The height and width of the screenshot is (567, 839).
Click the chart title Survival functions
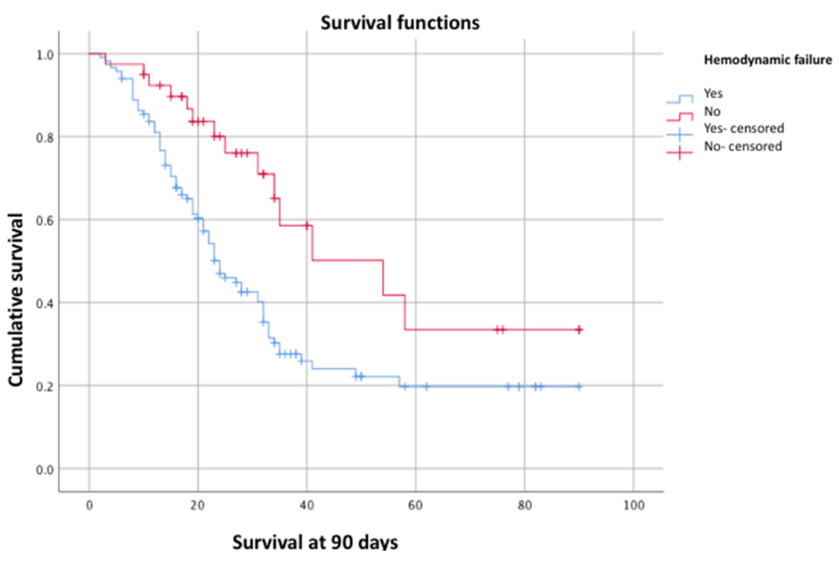pos(400,23)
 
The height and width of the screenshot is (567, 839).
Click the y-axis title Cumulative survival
pos(16,300)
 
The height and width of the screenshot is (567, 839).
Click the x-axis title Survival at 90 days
pos(315,542)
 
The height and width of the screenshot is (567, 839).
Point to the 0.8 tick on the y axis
pos(45,137)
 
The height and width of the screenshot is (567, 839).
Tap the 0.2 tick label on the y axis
pos(45,386)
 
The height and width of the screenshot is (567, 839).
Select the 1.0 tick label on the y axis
pos(45,55)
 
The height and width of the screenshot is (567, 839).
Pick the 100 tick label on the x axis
pos(634,505)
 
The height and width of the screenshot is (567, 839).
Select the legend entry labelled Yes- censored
pos(744,128)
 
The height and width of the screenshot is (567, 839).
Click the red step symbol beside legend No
pos(680,117)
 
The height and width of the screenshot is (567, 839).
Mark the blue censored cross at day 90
pos(579,386)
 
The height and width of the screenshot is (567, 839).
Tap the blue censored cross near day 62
pos(426,386)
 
